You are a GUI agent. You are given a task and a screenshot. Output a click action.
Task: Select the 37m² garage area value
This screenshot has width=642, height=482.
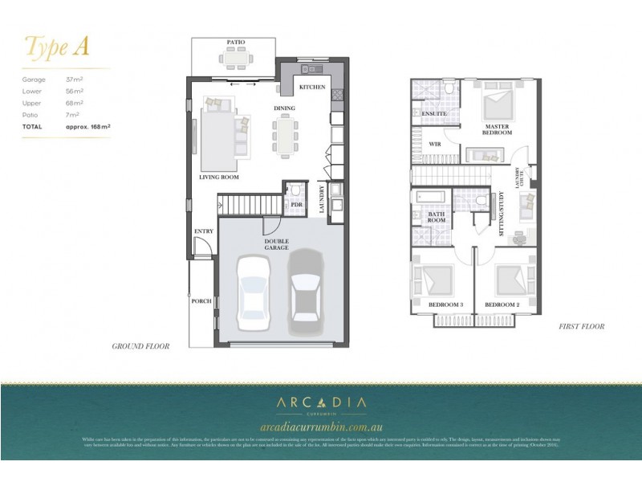point(75,80)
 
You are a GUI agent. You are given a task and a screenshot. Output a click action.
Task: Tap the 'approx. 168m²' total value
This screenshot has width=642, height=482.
point(87,127)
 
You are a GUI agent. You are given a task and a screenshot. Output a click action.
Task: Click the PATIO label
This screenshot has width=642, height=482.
point(235,42)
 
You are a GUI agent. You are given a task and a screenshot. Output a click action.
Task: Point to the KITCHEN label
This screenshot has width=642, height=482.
point(312,87)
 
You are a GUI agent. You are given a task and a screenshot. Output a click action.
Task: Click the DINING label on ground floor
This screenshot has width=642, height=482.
point(285,108)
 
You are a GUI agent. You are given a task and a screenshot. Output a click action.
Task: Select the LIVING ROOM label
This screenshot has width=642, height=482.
point(219,177)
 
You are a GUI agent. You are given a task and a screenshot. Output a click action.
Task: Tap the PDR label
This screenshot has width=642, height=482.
point(295,206)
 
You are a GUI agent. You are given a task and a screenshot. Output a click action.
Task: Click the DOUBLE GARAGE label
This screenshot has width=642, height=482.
point(277,243)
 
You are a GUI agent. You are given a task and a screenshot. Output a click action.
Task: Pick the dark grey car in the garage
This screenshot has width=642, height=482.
point(305,287)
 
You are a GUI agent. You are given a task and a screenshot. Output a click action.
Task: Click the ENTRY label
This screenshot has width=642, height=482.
point(204,231)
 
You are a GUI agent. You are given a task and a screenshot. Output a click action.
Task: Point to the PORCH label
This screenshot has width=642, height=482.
point(201,301)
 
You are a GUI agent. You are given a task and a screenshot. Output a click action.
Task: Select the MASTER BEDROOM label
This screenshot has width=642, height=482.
point(498,130)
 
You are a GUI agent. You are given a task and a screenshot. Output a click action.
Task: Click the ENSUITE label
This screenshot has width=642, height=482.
point(433,114)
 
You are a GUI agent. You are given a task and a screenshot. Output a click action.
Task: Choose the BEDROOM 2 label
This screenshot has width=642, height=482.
point(503,305)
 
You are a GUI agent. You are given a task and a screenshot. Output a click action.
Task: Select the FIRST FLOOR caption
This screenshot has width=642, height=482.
point(581,327)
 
